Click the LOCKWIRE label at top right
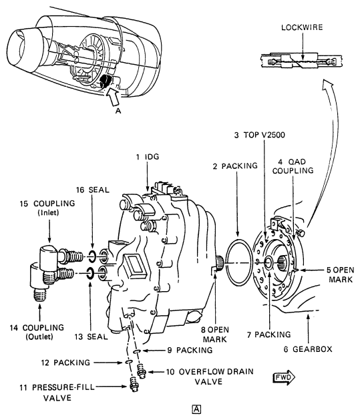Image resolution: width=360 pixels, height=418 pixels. point(302,27)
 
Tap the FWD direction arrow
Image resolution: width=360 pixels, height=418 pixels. point(285,377)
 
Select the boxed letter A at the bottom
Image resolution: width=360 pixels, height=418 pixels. point(196,409)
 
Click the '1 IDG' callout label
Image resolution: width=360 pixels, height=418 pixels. point(148,156)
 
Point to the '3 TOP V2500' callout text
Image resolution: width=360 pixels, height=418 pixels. point(259,135)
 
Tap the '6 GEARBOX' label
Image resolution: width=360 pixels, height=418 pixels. point(308,349)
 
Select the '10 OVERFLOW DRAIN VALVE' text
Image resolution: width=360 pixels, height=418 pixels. point(210,376)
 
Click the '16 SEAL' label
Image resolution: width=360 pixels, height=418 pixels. point(93,190)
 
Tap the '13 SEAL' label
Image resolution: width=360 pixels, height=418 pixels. point(91,337)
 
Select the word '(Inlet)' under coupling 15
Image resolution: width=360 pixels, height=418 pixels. point(48,212)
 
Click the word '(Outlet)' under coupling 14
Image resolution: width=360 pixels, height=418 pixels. point(39,337)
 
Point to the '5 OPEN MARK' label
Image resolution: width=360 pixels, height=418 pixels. point(341,274)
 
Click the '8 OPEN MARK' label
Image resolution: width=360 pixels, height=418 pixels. point(215,335)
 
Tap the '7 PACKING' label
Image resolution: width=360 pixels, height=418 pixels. point(268,335)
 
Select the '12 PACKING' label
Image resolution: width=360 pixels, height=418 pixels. point(65,363)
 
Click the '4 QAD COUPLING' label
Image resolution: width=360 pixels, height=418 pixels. point(293,166)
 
